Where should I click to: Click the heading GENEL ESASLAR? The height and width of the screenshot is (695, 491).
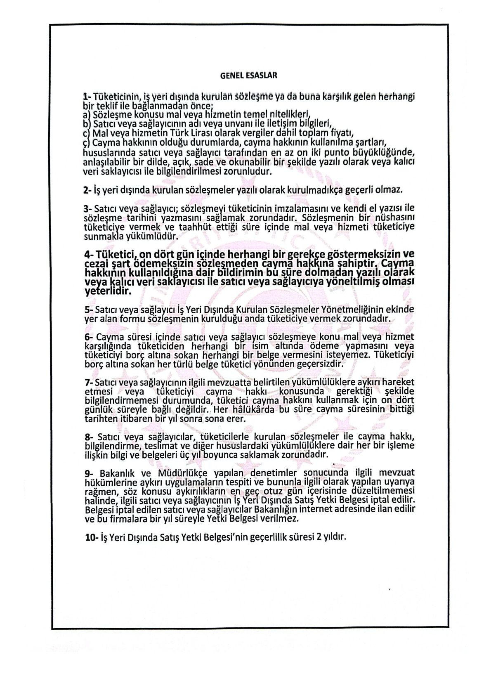tap(248, 76)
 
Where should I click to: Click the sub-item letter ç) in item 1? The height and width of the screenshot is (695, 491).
tap(87, 143)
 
